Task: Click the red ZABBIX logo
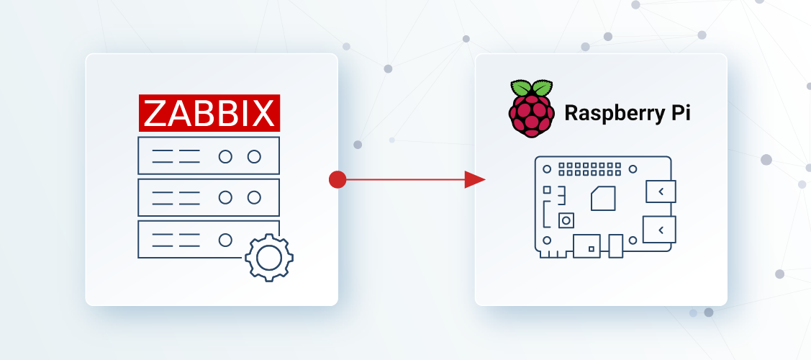point(209,113)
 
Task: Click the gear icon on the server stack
point(269,258)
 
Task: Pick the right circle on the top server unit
point(254,156)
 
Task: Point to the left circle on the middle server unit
point(225,197)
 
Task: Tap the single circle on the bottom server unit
point(225,240)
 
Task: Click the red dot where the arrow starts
point(337,179)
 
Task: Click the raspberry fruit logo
point(532,109)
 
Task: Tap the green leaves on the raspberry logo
point(532,88)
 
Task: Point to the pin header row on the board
point(590,169)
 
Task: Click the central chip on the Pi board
point(603,198)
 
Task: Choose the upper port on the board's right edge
point(661,192)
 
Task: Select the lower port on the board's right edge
point(659,229)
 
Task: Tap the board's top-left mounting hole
point(547,168)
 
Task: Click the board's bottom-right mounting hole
point(633,240)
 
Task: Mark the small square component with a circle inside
point(566,220)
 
